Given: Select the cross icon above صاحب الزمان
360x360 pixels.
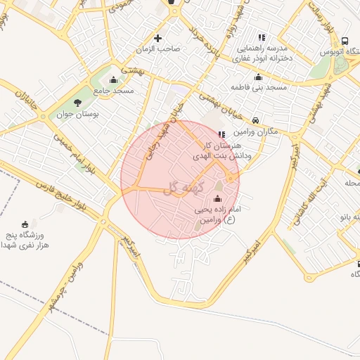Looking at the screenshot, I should (157, 38).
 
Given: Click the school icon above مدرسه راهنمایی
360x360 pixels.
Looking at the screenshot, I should (262, 37).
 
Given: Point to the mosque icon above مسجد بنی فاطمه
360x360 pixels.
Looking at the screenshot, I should (257, 77).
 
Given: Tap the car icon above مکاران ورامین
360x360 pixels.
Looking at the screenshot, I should (257, 120).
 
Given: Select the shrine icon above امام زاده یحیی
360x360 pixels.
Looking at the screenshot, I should (217, 198).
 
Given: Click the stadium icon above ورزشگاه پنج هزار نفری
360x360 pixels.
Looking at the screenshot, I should (26, 224).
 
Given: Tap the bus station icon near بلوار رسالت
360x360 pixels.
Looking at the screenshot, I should (345, 41).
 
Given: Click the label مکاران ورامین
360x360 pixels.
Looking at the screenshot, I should (255, 131).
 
